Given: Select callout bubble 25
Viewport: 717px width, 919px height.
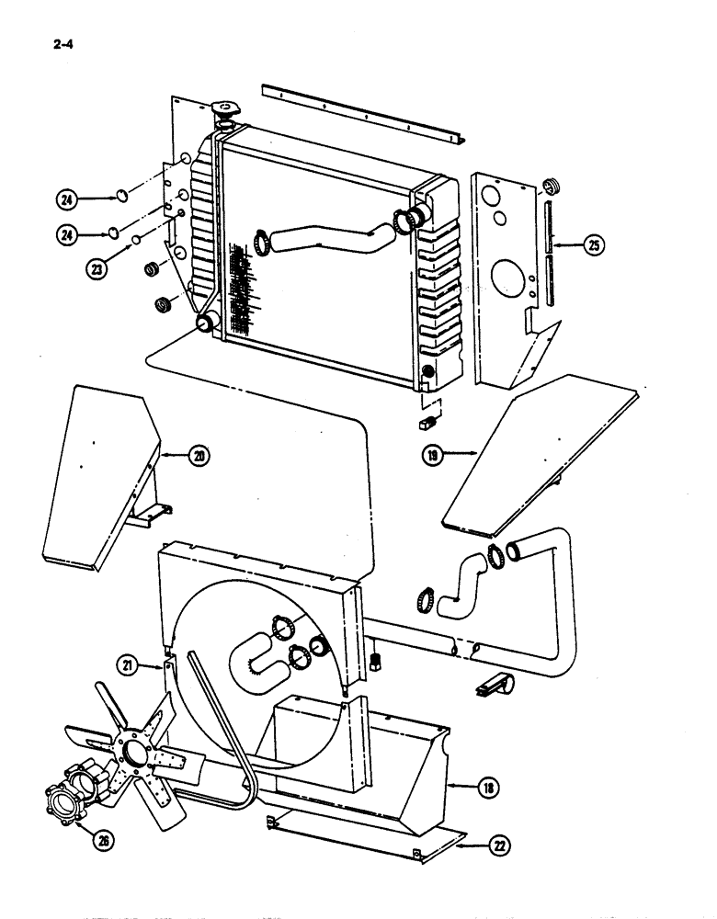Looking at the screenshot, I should (x=594, y=244).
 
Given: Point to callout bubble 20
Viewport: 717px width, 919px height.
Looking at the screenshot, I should (x=199, y=453).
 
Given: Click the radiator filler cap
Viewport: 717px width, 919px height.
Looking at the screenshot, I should (x=224, y=112).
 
